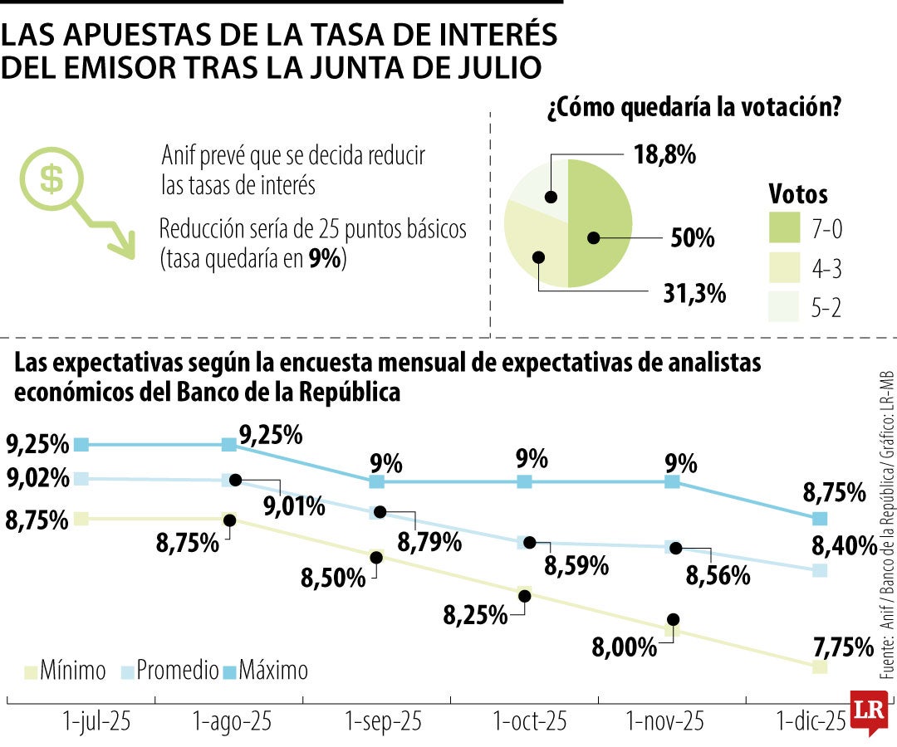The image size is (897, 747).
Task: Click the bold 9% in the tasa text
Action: point(324,259)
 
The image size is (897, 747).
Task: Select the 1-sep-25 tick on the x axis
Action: point(377,721)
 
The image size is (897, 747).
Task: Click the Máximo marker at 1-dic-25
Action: point(820,519)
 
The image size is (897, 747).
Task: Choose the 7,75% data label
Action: point(842,646)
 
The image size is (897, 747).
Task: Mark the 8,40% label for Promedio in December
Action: point(842,546)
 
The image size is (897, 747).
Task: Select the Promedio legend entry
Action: point(170,670)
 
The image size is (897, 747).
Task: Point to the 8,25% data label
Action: point(475,615)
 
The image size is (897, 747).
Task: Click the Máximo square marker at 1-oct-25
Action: point(524,481)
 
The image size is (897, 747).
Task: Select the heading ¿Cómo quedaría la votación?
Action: point(691,109)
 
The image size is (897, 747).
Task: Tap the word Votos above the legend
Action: point(798,194)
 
